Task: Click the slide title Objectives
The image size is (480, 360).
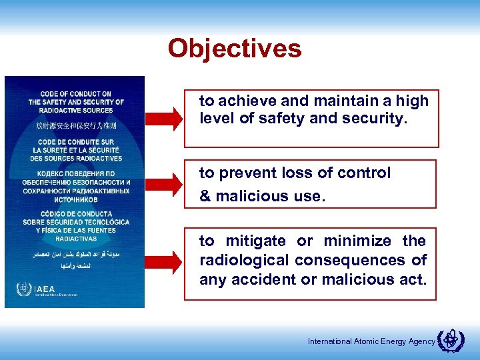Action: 235,49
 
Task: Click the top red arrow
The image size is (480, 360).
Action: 163,118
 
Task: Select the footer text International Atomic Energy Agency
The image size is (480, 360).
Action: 371,342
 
